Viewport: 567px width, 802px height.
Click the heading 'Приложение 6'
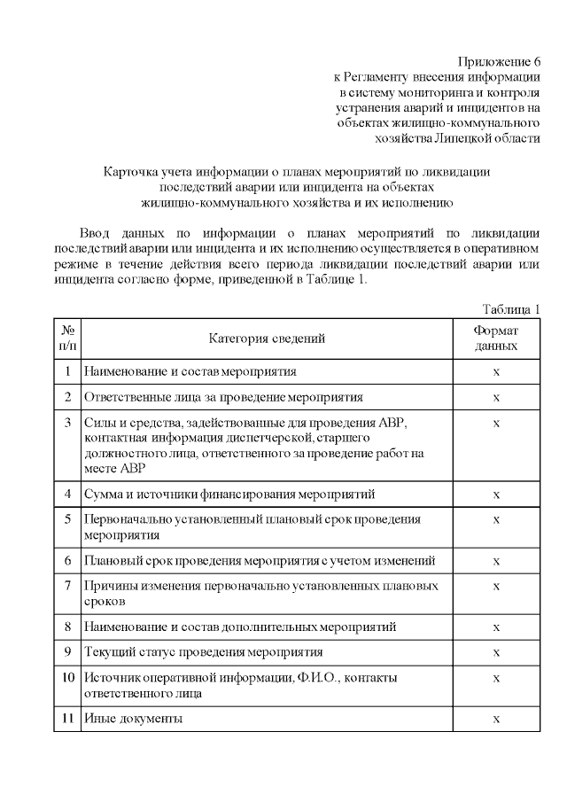point(498,61)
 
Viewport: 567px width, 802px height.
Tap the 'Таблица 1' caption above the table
point(511,309)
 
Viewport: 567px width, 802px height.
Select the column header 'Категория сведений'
point(267,339)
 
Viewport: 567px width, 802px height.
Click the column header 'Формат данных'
point(496,339)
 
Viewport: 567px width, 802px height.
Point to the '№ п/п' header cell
point(67,339)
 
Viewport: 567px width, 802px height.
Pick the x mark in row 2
point(496,397)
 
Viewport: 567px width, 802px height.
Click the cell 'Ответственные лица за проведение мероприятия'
point(223,397)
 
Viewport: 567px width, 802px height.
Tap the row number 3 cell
point(67,423)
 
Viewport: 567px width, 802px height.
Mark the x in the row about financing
point(496,493)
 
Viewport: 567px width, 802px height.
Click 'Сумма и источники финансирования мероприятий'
point(229,493)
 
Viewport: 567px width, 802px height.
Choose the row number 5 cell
point(67,518)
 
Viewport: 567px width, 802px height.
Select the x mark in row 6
point(496,561)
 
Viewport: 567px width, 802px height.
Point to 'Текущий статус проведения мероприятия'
point(203,652)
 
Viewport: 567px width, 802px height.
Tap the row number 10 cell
point(67,678)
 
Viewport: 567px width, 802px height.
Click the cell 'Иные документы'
point(133,719)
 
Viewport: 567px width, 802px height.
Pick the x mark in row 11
point(496,719)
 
